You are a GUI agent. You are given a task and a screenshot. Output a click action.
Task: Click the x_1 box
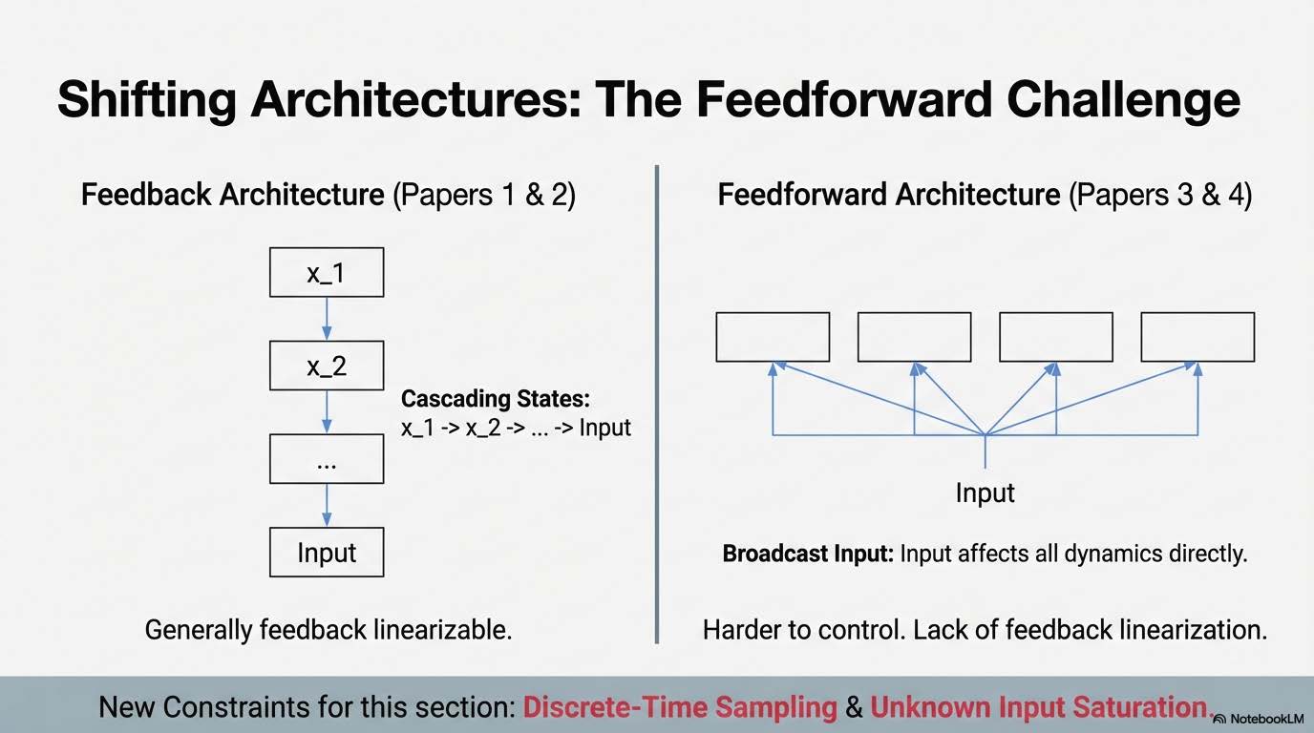(x=327, y=273)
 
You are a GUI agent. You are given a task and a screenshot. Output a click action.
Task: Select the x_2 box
(x=327, y=366)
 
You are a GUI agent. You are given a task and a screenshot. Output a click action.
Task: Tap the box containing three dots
(x=327, y=459)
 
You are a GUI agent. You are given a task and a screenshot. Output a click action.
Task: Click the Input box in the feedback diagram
(x=327, y=553)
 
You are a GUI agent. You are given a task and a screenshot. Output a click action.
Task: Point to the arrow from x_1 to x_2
(x=327, y=319)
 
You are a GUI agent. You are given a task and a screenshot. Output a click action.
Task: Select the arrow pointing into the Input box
(x=327, y=505)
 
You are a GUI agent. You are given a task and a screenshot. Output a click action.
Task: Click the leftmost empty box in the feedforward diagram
(x=773, y=337)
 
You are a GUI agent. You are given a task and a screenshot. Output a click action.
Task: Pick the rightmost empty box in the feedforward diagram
(x=1197, y=337)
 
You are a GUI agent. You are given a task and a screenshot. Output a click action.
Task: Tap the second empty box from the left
(x=914, y=337)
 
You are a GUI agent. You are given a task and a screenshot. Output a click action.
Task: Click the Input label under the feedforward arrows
(x=985, y=492)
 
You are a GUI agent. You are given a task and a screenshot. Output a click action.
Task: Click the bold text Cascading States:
(x=495, y=399)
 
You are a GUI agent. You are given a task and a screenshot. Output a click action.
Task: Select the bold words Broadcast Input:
(x=807, y=554)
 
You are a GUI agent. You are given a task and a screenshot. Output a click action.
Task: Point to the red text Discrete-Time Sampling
(x=680, y=707)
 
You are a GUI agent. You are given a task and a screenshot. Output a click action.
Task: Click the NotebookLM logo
(x=1260, y=718)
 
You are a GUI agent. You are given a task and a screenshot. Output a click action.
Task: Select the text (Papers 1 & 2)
(x=484, y=195)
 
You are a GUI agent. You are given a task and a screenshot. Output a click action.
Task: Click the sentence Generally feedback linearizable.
(x=328, y=630)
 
